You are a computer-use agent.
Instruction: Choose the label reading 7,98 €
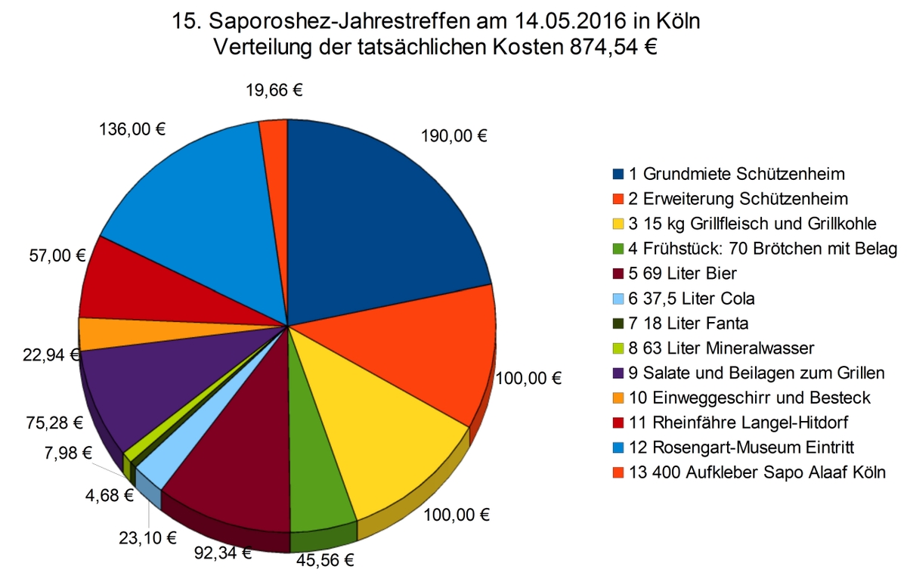point(63,454)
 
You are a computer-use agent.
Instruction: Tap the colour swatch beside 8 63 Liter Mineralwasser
point(618,348)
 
